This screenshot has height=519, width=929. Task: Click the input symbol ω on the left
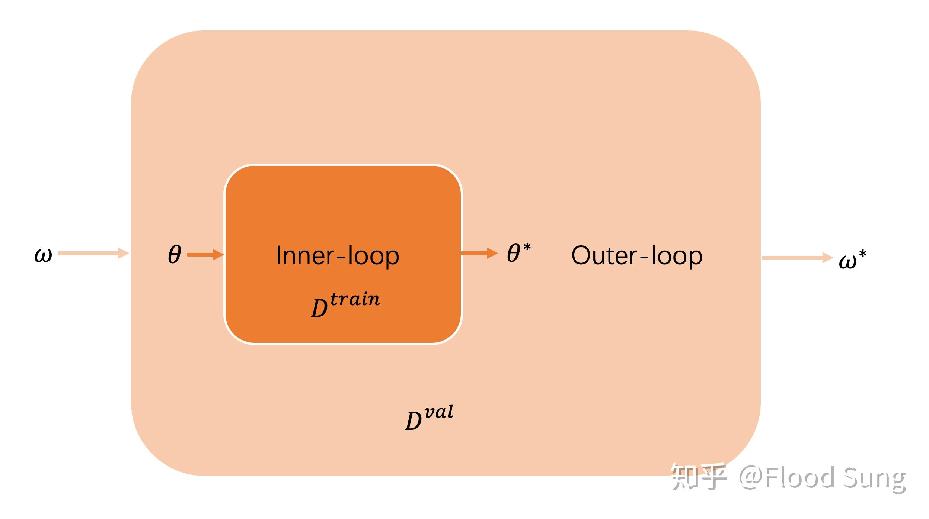click(43, 255)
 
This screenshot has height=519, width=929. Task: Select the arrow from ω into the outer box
click(93, 253)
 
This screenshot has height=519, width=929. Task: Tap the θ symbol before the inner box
click(174, 255)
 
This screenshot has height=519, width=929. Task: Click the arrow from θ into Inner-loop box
click(205, 255)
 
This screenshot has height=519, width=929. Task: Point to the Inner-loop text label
click(337, 256)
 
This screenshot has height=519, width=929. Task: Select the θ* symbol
click(518, 253)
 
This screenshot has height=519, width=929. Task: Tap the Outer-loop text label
click(636, 256)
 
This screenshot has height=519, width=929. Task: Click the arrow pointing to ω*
click(797, 258)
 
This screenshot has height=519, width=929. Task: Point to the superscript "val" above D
click(439, 412)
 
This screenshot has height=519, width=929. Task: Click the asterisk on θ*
click(527, 246)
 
